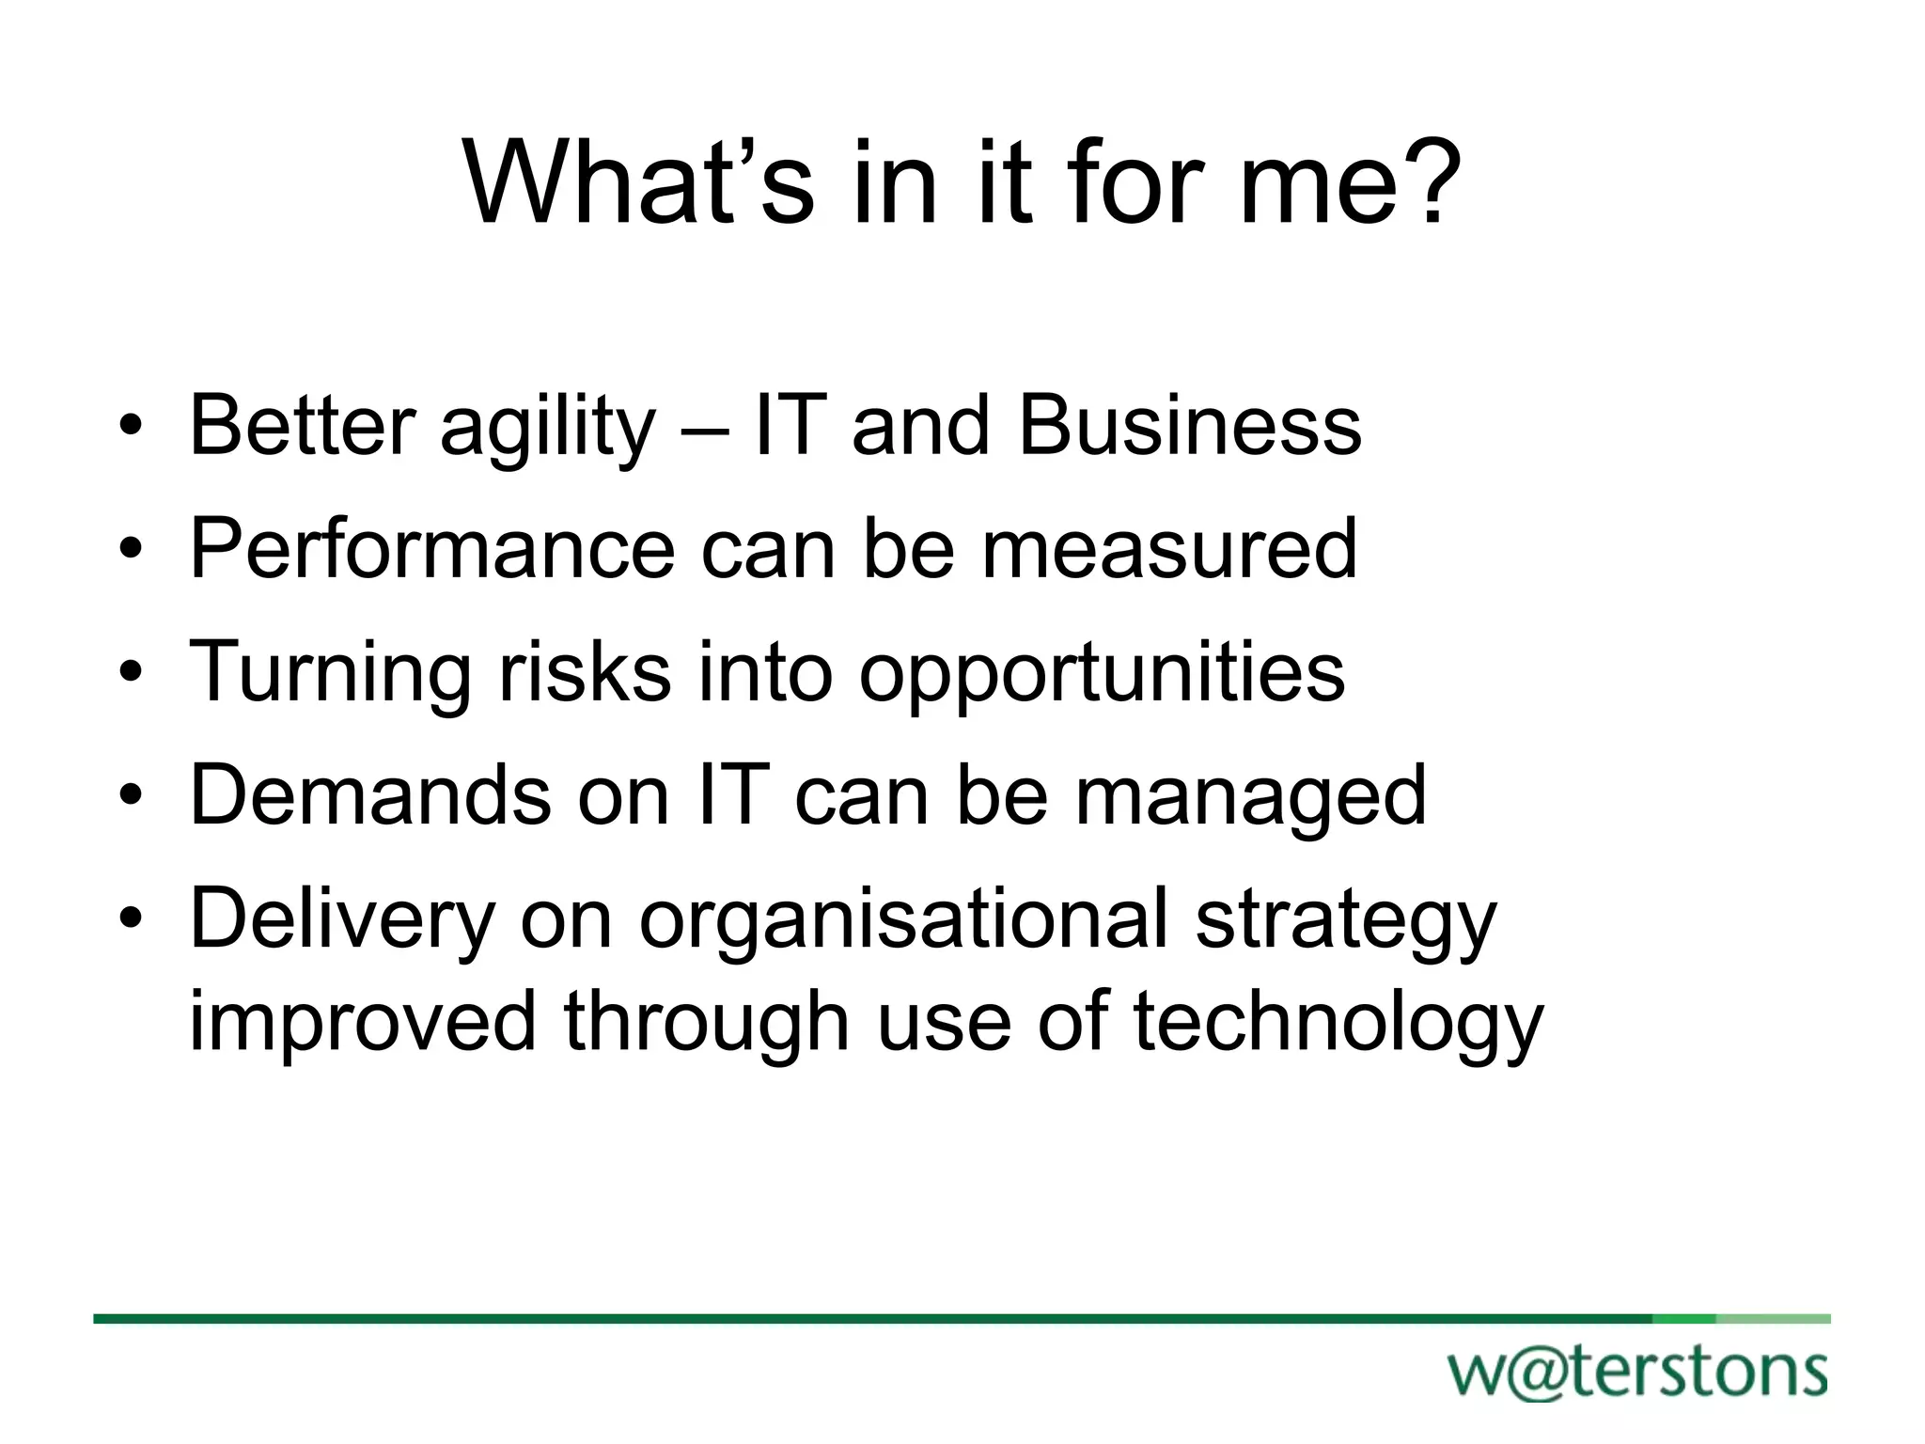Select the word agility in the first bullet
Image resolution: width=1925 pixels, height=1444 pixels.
pyautogui.click(x=547, y=429)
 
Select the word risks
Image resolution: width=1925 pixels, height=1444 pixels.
pyautogui.click(x=585, y=671)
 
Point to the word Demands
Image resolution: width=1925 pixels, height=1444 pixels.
pyautogui.click(x=370, y=795)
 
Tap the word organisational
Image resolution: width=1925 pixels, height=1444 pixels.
pyautogui.click(x=904, y=921)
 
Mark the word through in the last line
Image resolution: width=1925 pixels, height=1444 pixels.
pyautogui.click(x=707, y=1025)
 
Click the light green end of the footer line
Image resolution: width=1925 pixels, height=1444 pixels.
pyautogui.click(x=1773, y=1319)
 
